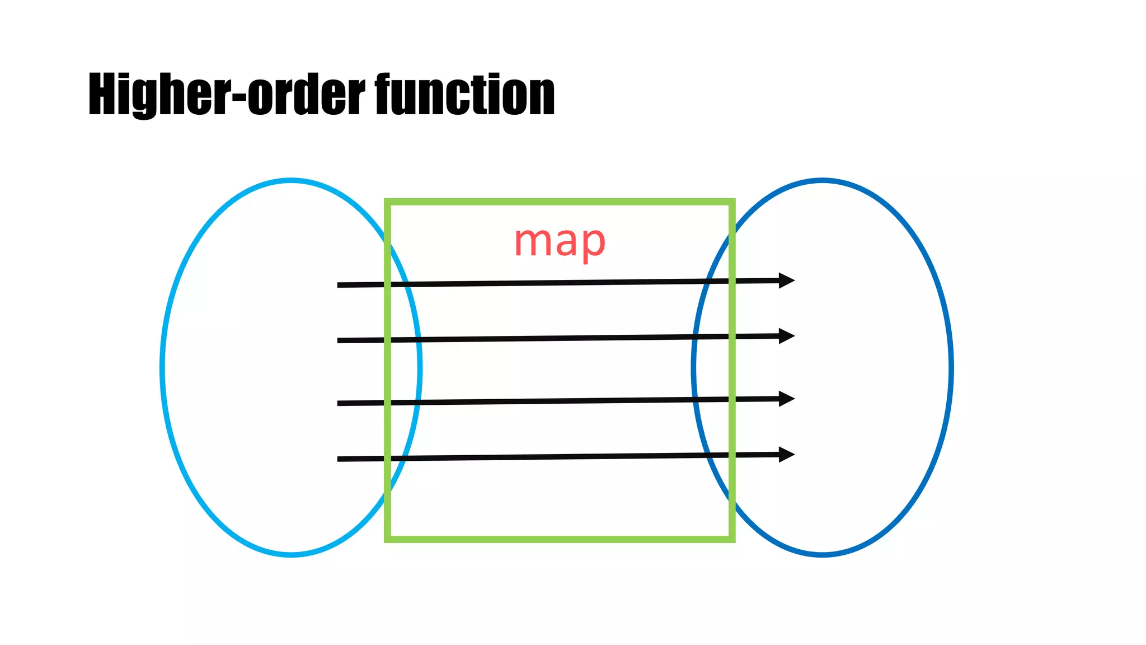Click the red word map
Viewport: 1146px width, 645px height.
click(560, 242)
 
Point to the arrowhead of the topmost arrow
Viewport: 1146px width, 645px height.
click(788, 280)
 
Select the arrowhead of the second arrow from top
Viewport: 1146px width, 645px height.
click(788, 335)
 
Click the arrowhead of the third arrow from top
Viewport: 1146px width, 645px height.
click(788, 399)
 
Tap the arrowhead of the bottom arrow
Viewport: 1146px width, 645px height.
click(788, 454)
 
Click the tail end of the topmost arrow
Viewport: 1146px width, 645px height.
click(339, 285)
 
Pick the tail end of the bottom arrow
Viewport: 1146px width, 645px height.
click(339, 459)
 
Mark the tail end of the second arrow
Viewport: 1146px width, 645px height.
click(339, 340)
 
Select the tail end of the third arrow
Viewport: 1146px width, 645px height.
click(339, 403)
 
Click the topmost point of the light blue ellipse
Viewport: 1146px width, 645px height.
click(291, 180)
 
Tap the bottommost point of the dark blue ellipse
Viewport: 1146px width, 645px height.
click(823, 555)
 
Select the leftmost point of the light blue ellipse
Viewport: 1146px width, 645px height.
click(162, 368)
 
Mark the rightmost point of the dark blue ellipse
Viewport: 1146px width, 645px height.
click(951, 368)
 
